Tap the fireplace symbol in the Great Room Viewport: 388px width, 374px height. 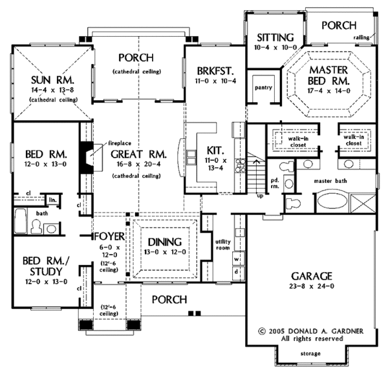point(87,155)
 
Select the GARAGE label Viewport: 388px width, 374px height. point(312,274)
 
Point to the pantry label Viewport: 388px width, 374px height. point(263,87)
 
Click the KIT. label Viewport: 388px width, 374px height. point(215,148)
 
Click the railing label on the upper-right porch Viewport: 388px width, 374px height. point(361,38)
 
